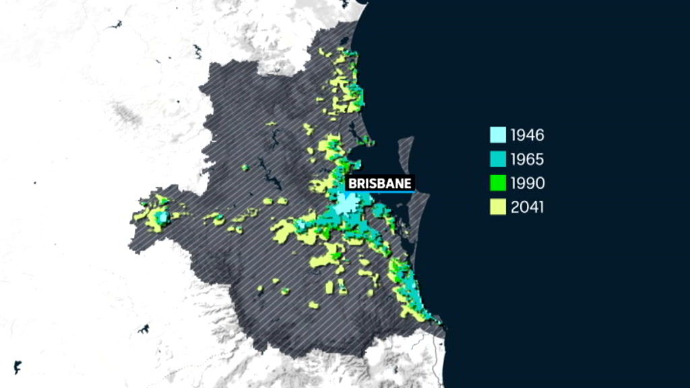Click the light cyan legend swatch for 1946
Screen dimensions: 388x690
pyautogui.click(x=497, y=135)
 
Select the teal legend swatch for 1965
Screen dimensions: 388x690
pyautogui.click(x=497, y=159)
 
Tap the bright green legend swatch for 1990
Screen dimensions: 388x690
pyautogui.click(x=497, y=183)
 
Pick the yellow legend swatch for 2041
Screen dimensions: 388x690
pyautogui.click(x=497, y=207)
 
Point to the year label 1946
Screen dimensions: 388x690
pyautogui.click(x=528, y=135)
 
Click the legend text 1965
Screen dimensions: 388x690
pyautogui.click(x=528, y=159)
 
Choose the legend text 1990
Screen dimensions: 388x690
pyautogui.click(x=528, y=183)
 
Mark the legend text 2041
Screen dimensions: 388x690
pyautogui.click(x=528, y=207)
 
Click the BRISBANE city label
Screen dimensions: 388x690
pyautogui.click(x=379, y=183)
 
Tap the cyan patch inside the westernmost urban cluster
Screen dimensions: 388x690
pyautogui.click(x=162, y=217)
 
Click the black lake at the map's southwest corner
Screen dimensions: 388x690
pyautogui.click(x=18, y=367)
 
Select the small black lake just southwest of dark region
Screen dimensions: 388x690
pyautogui.click(x=143, y=329)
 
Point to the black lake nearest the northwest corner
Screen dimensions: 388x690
pyautogui.click(x=115, y=25)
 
